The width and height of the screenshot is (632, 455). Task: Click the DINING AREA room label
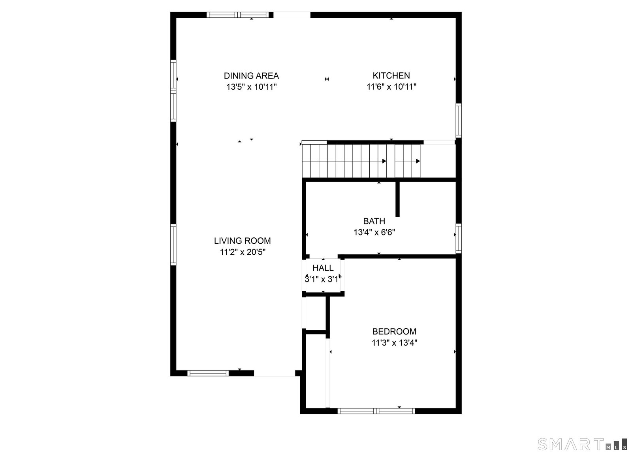(251, 75)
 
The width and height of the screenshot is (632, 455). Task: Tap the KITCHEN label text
(391, 75)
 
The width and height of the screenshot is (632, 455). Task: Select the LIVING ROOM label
(243, 241)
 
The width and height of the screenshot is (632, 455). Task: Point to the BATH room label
(374, 221)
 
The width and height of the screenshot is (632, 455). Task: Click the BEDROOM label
(394, 331)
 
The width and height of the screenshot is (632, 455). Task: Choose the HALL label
(323, 268)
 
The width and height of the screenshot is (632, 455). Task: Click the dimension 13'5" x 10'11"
(251, 86)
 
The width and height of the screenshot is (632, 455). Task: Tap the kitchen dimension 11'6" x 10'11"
(391, 86)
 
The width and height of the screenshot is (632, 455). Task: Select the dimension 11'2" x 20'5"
(243, 252)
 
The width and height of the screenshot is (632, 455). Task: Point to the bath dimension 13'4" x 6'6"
(374, 232)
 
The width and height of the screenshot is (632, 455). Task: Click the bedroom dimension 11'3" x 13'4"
(395, 343)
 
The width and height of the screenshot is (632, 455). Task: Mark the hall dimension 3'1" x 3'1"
(323, 279)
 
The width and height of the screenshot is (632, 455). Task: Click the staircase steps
(361, 161)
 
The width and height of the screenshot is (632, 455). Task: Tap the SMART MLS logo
(582, 444)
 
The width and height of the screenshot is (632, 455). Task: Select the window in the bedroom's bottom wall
(376, 411)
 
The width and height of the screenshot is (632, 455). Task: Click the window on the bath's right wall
(459, 239)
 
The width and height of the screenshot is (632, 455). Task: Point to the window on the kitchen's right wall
(459, 120)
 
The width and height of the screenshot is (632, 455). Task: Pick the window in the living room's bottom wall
(208, 373)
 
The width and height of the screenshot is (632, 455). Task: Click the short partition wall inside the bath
(397, 199)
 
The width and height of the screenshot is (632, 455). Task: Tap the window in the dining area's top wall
(238, 15)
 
